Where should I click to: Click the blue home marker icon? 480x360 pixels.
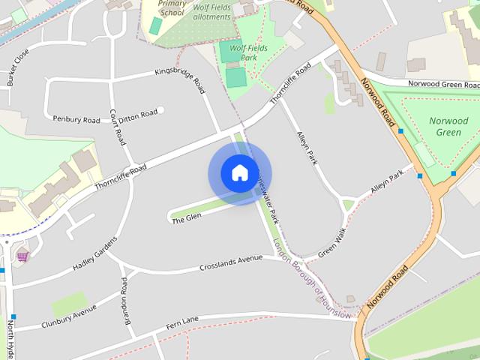point(239,173)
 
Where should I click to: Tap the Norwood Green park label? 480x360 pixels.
point(448,127)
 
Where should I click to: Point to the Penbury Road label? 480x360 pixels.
point(76,119)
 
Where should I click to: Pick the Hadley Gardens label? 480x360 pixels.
point(95,254)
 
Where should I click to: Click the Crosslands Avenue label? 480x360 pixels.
point(231,264)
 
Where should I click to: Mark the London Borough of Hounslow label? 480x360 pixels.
point(313,279)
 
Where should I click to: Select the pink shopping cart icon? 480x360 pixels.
point(22,256)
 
